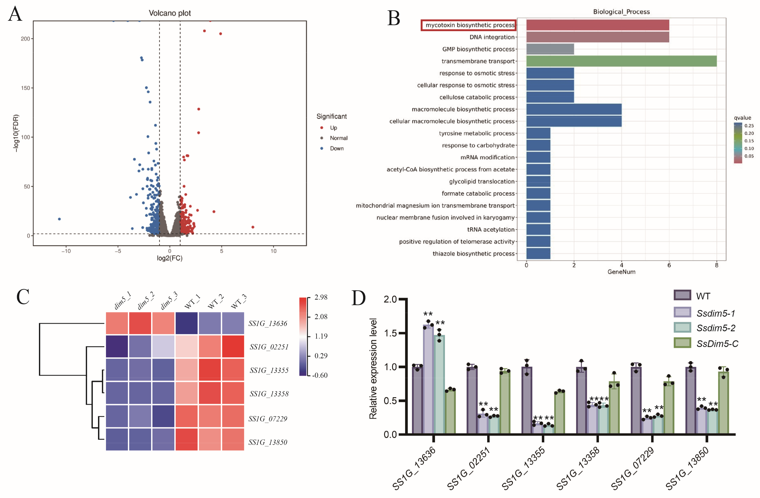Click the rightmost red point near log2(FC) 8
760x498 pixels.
click(x=253, y=227)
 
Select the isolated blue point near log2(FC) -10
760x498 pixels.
click(x=59, y=219)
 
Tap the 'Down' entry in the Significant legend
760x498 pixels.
click(x=337, y=149)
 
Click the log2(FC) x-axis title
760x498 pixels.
click(x=169, y=258)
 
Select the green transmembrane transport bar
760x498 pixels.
click(x=621, y=61)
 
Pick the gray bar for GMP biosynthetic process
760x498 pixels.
click(x=550, y=49)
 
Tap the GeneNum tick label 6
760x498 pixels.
click(x=669, y=265)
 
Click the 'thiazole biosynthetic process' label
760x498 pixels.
click(x=473, y=254)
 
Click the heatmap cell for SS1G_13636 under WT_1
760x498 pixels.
click(x=187, y=323)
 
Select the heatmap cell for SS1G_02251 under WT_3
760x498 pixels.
click(x=233, y=347)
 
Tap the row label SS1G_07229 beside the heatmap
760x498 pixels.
click(x=268, y=419)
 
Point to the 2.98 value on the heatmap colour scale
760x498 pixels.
click(x=321, y=297)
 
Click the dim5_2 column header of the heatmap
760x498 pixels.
click(x=146, y=301)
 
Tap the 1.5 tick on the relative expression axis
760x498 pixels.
click(x=390, y=333)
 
